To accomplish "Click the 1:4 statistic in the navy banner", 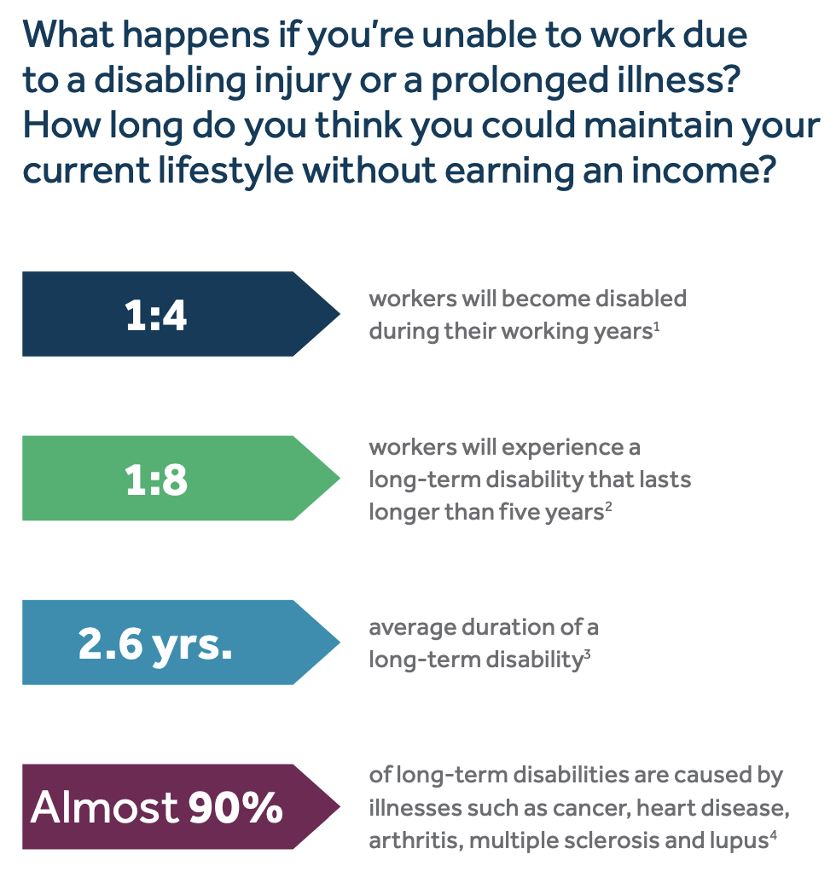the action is pos(155,316).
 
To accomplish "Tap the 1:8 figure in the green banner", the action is pos(156,480).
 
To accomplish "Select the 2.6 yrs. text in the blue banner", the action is pos(155,644).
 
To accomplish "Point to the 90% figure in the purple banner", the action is pos(235,807).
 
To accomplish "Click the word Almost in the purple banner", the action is pos(105,807).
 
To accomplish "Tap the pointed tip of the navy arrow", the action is pos(339,314).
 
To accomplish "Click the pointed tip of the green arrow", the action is pos(339,478).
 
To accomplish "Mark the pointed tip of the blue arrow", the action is pos(339,642).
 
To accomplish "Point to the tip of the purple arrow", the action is pos(339,806).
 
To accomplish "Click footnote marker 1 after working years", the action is pos(657,326).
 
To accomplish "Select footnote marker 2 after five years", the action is pos(608,507).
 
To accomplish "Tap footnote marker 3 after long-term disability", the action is pos(587,654).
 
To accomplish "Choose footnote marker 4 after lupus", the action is pos(773,835).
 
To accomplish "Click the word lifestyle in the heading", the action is pos(226,171).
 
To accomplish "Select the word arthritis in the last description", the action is pos(414,840).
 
